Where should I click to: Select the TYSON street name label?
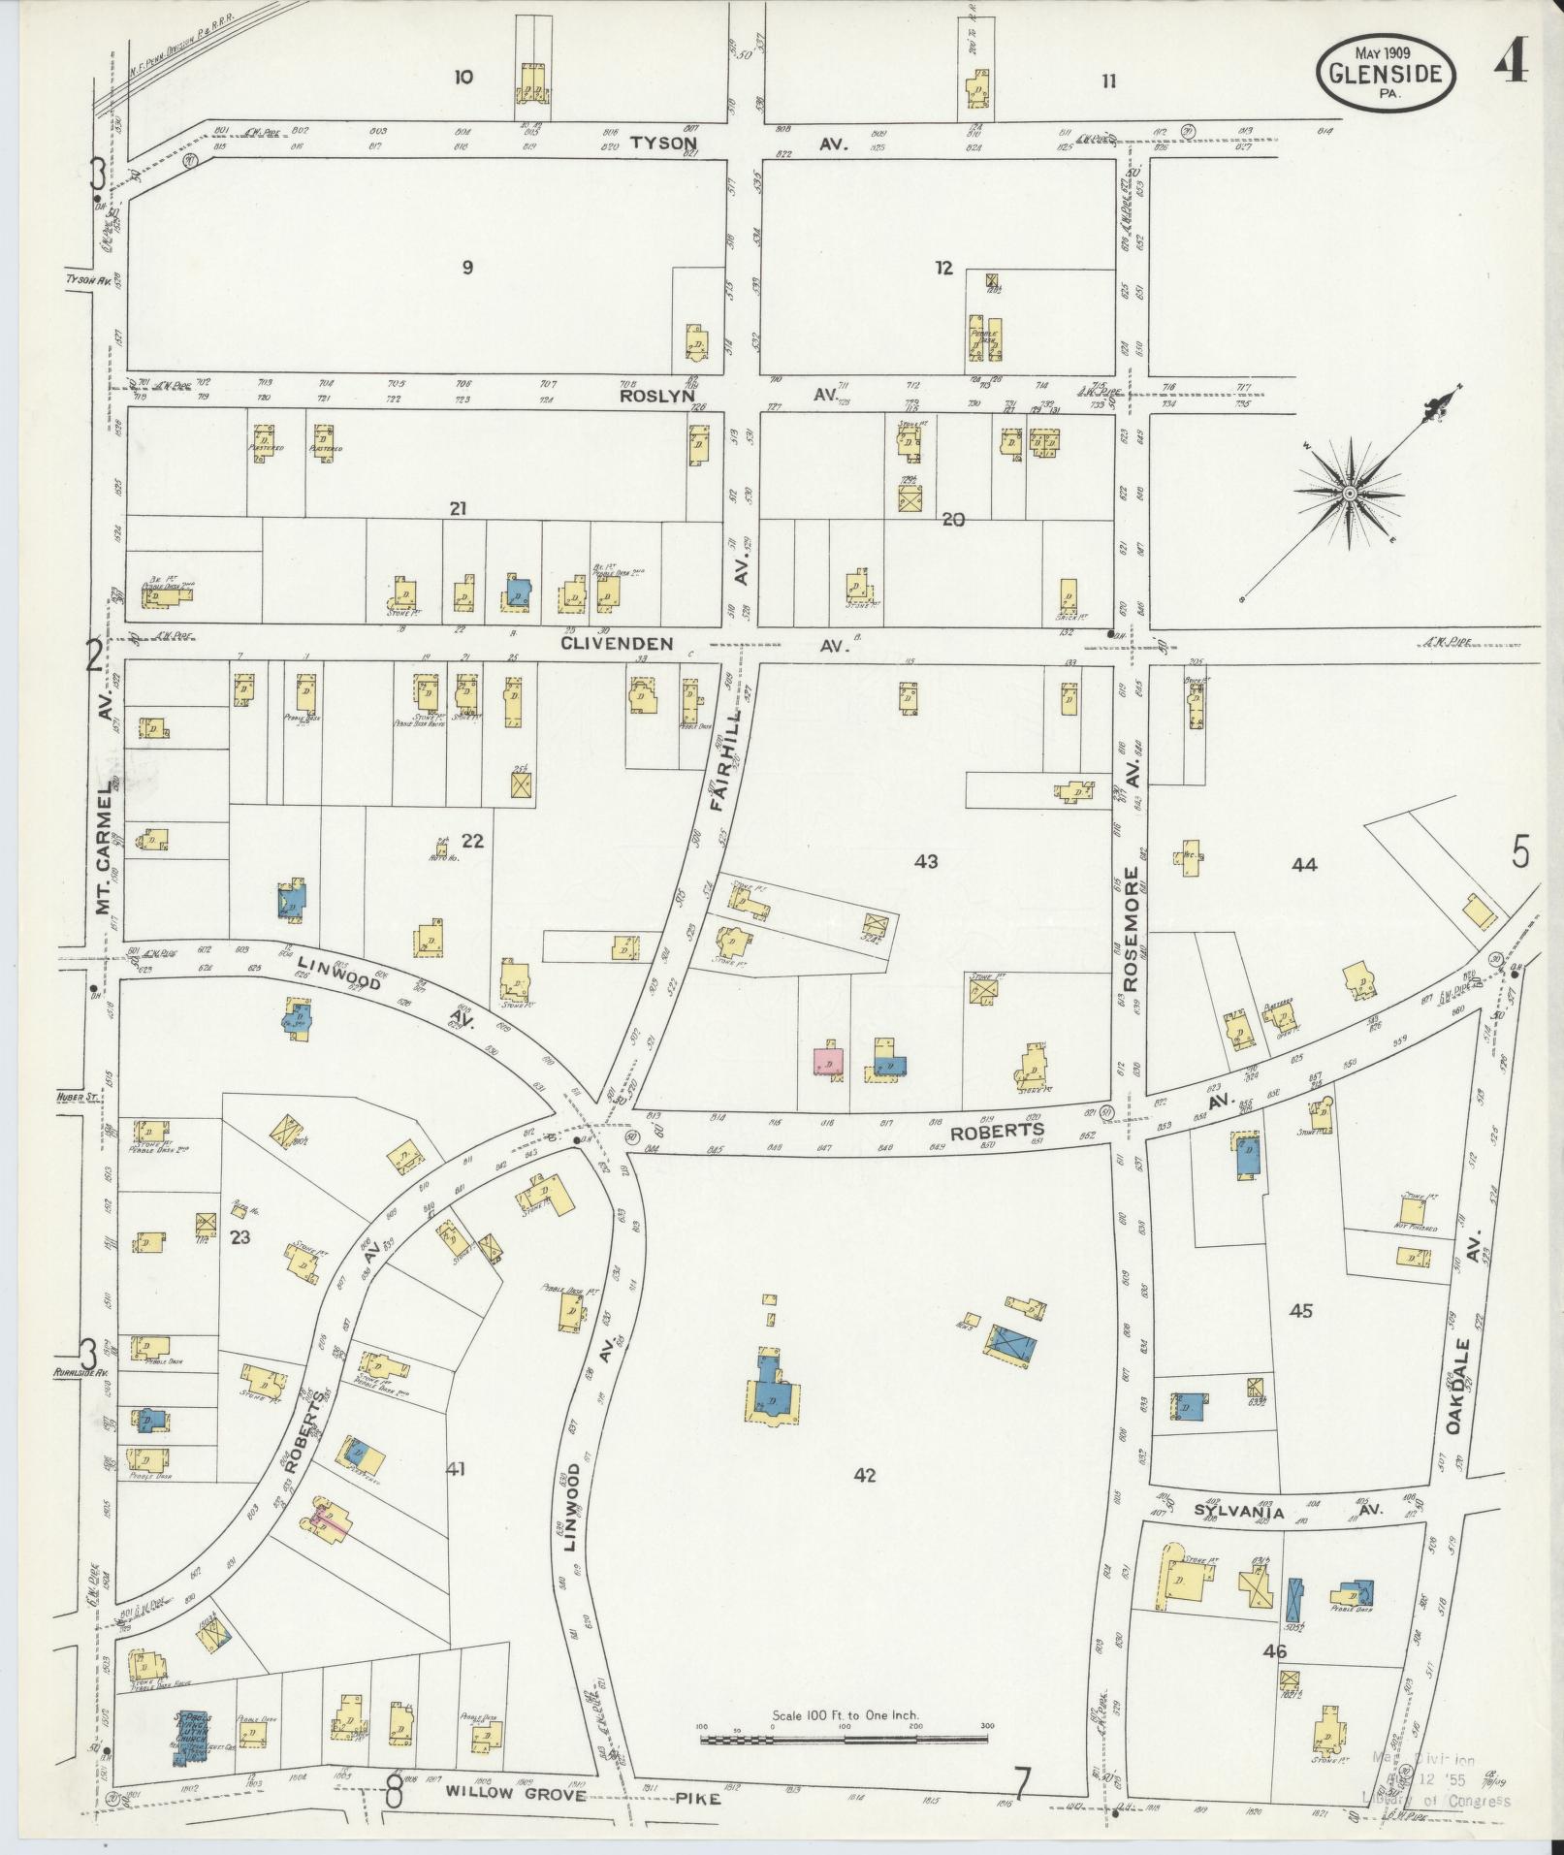(664, 143)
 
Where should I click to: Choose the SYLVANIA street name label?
(1238, 1539)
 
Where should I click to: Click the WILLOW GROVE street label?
(516, 1794)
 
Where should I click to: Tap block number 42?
(865, 1502)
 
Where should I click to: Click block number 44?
(1304, 864)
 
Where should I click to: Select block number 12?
(943, 269)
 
